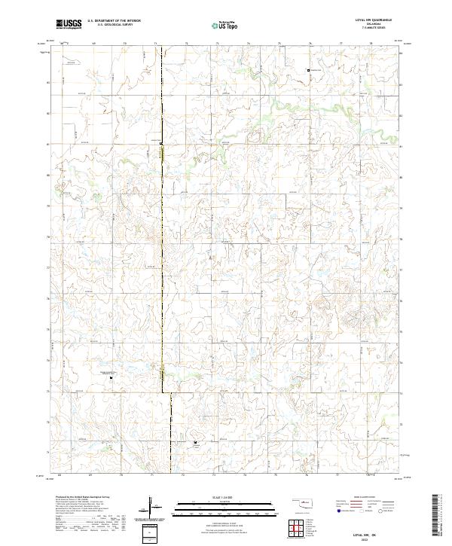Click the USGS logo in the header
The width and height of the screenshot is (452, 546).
point(69,24)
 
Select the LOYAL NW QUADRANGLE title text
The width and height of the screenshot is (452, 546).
point(374,20)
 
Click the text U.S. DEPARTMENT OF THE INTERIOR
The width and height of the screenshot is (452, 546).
point(114,21)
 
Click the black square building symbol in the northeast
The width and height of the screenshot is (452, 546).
point(308,70)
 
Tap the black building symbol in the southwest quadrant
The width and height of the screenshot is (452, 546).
point(112,379)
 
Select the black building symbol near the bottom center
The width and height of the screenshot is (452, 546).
point(197,443)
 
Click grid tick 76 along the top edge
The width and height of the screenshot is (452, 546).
point(310,44)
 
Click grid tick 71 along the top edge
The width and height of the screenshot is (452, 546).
point(155,44)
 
